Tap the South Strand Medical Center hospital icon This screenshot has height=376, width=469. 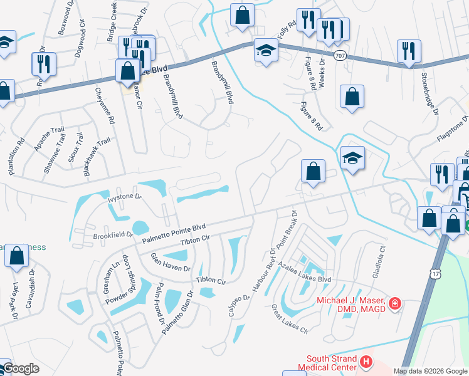click(x=366, y=362)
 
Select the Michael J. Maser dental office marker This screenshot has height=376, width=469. click(x=395, y=305)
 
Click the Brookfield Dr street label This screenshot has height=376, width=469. click(x=113, y=236)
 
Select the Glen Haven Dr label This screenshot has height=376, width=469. click(x=169, y=263)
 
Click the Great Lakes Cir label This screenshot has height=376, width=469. click(x=290, y=319)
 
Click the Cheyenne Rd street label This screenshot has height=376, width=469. click(x=105, y=105)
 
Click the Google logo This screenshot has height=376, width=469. click(x=20, y=368)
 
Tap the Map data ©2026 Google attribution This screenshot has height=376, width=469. click(x=430, y=371)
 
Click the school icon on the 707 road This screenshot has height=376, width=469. click(x=266, y=50)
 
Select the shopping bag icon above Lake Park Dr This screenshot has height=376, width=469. click(x=16, y=256)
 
